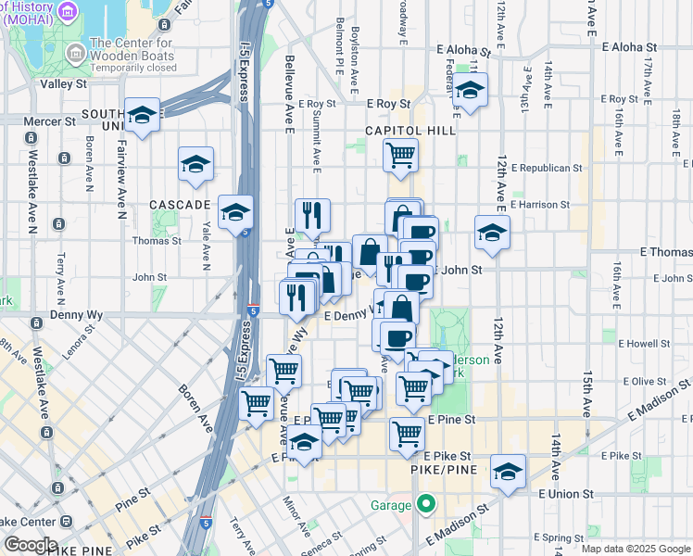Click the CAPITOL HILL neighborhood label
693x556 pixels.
click(x=410, y=131)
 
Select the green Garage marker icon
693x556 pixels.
click(x=425, y=505)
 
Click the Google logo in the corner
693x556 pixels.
click(x=30, y=545)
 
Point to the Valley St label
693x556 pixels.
click(x=63, y=83)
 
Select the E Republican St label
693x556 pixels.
click(x=550, y=169)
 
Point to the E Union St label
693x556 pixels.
click(x=567, y=494)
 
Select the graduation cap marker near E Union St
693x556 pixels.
click(x=508, y=472)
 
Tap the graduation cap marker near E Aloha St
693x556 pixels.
click(x=471, y=91)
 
